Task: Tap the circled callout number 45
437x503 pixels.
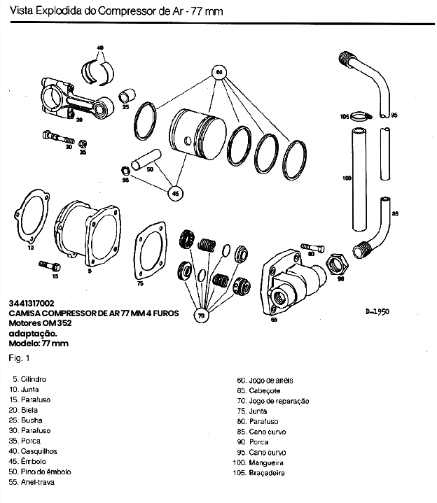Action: (175, 192)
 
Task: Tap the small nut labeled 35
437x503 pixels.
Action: (83, 143)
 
